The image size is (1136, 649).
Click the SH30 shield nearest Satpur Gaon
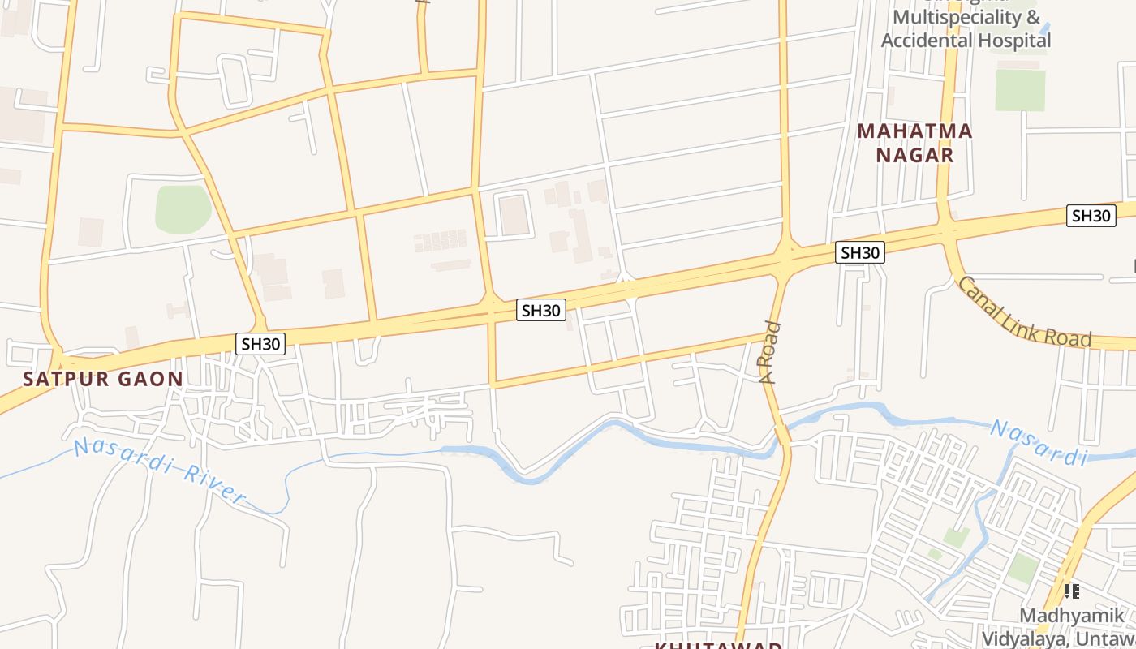260,343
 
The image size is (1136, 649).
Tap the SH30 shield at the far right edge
1091,215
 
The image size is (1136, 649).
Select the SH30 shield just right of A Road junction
859,252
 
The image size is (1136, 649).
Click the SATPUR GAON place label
103,379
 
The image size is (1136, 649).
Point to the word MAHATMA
914,131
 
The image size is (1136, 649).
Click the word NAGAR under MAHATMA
914,155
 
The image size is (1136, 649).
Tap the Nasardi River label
159,470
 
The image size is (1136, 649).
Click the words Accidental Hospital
966,40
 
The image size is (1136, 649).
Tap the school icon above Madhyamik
1071,591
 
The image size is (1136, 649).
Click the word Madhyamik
1071,615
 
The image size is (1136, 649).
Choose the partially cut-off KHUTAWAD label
719,646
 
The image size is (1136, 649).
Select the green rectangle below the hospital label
1020,90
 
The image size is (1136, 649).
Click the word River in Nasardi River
213,484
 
